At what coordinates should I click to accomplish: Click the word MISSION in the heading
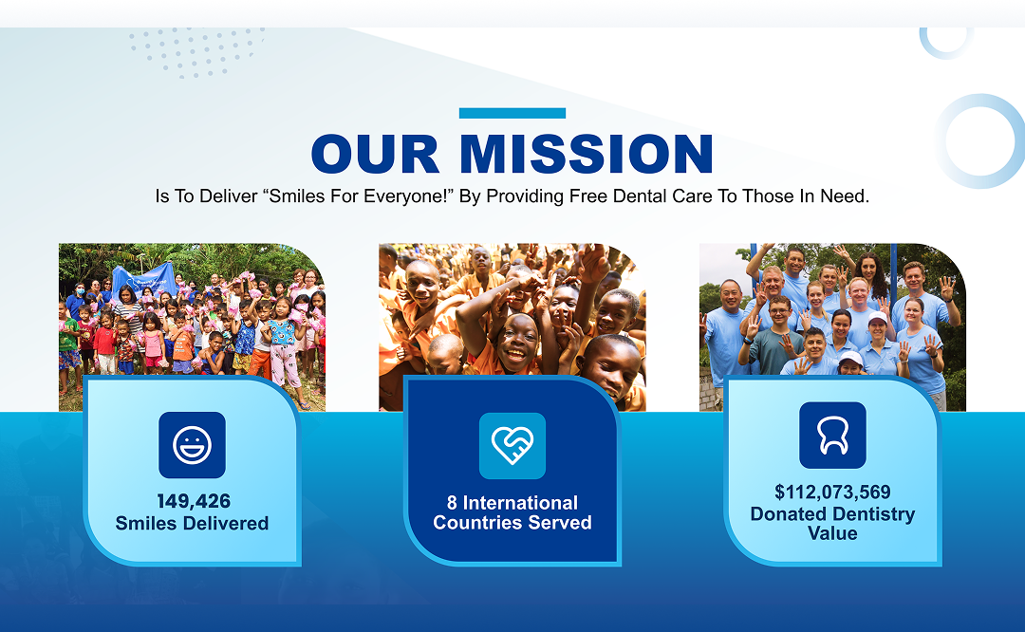(587, 155)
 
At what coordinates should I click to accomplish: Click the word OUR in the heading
(375, 155)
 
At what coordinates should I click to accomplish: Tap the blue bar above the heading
(512, 113)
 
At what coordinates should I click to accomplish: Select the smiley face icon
(192, 445)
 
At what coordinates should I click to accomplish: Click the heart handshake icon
(512, 446)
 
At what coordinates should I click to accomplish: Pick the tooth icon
(833, 436)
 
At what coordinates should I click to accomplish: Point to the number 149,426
(194, 501)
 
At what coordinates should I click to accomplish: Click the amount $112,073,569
(833, 493)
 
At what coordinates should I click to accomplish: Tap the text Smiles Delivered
(192, 524)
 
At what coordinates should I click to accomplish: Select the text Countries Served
(512, 523)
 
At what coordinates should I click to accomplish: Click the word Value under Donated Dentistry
(833, 533)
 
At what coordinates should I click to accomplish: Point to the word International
(520, 503)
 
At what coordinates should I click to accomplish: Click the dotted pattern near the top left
(196, 52)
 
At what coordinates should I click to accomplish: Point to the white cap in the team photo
(877, 318)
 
